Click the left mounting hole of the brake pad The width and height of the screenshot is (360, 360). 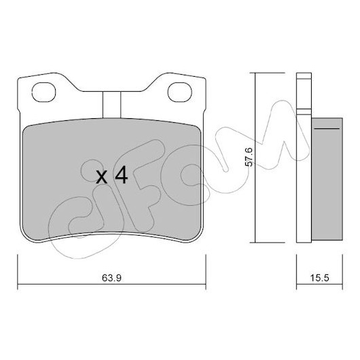coord(43,92)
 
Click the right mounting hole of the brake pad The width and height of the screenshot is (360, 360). coord(180,92)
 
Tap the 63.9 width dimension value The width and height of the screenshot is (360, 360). coord(111,278)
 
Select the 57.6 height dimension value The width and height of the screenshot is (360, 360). coord(249,157)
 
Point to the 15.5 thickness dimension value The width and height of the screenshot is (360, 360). coord(320,278)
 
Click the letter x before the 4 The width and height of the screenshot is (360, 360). coord(101,177)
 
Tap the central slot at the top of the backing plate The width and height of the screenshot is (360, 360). coord(111,105)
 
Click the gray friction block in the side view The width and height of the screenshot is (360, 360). coord(327,179)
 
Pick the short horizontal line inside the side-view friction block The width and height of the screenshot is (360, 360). coord(327,128)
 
